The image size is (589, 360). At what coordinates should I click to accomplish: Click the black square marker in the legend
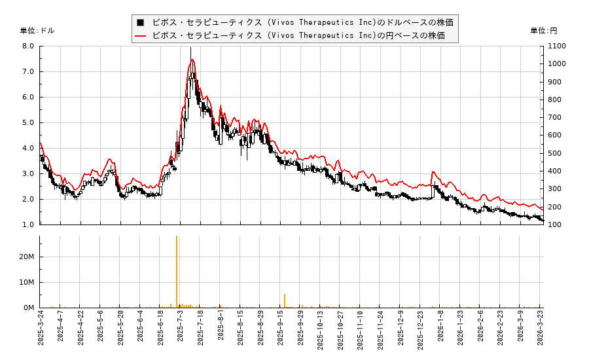(140, 22)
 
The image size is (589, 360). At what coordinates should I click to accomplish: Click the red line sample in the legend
(140, 35)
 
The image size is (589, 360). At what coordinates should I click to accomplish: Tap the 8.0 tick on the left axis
(28, 46)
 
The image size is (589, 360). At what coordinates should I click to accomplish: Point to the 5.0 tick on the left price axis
(28, 122)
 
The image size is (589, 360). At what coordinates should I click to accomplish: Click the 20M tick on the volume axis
(27, 257)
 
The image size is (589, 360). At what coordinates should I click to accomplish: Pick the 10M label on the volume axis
(27, 282)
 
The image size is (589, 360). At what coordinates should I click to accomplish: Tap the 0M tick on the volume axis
(29, 308)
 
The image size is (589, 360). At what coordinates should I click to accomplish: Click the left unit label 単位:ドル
(37, 31)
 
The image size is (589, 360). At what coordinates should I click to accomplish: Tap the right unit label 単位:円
(544, 31)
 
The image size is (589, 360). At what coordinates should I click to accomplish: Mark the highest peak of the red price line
(192, 60)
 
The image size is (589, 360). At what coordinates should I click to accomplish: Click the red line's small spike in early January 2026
(433, 172)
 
